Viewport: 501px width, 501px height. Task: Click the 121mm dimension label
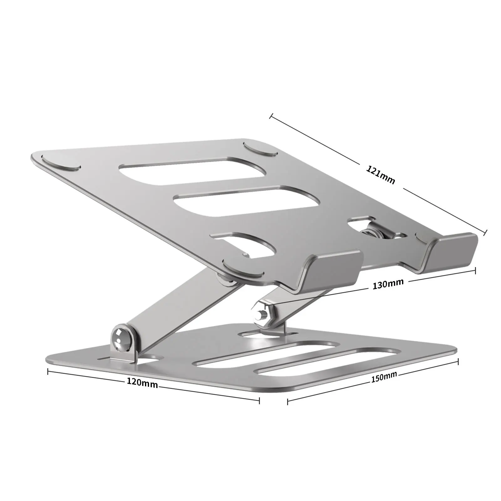(x=381, y=175)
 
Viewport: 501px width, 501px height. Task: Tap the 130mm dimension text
(x=388, y=284)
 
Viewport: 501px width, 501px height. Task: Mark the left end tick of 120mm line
(x=48, y=372)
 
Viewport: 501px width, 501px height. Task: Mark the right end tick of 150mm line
(x=458, y=362)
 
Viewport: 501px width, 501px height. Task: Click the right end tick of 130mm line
(x=475, y=271)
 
